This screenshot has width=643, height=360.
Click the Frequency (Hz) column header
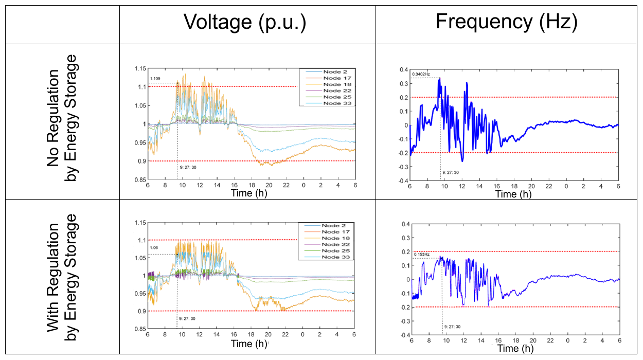click(507, 22)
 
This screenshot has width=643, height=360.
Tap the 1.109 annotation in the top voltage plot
click(155, 79)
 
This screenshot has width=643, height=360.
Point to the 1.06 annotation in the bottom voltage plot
click(153, 248)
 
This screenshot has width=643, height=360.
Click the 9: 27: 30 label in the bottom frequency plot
click(451, 327)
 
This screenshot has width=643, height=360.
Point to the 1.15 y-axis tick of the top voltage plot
click(138, 68)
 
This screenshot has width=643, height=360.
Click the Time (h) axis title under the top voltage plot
click(248, 193)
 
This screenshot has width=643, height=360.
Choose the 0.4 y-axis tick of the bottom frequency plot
click(404, 224)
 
